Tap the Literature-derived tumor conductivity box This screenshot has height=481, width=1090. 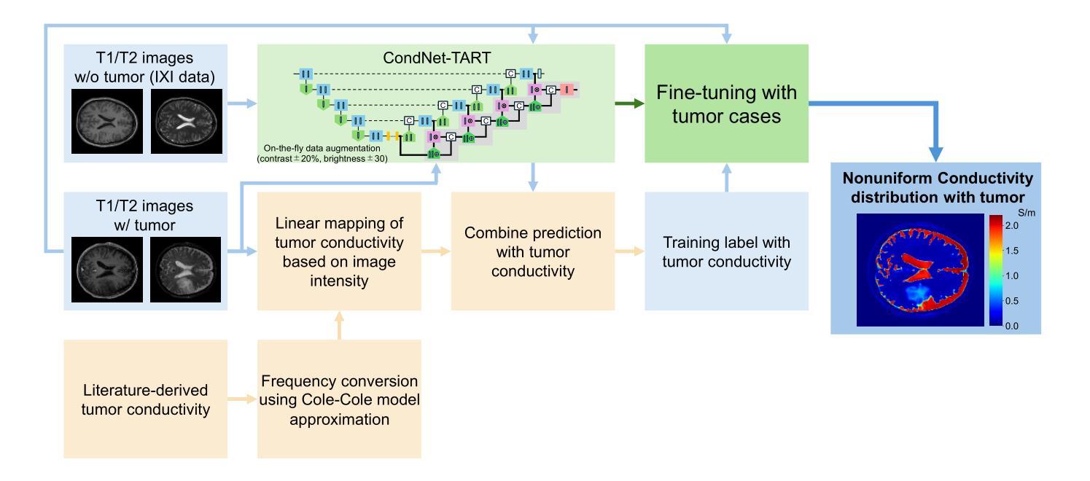(x=145, y=399)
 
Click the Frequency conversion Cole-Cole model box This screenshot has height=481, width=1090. (x=338, y=399)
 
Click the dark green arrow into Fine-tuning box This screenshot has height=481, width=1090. (x=630, y=103)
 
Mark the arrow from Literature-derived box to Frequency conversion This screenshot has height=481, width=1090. (x=242, y=399)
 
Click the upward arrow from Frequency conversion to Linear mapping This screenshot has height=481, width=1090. (x=338, y=326)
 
